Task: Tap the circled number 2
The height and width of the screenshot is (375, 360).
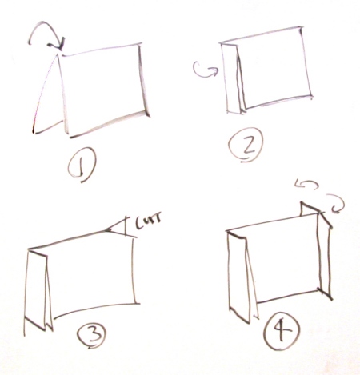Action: point(246,145)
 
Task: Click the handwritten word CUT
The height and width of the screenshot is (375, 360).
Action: point(148,223)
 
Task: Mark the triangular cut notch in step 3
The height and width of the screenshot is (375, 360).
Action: point(118,227)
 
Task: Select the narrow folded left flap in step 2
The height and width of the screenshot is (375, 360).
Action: point(231,78)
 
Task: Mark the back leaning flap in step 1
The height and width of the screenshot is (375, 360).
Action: point(48,96)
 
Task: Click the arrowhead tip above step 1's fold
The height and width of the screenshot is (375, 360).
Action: point(61,50)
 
